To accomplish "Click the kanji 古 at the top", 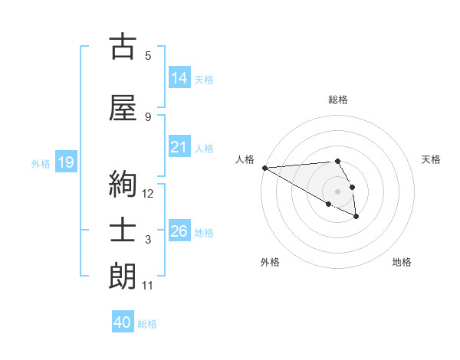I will [123, 47].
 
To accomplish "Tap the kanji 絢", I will [123, 185].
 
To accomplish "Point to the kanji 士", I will [123, 231].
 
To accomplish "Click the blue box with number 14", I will [179, 78].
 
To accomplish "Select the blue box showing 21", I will [179, 147].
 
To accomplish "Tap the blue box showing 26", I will [179, 231].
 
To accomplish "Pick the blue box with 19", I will [66, 162].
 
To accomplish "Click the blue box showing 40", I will [123, 322].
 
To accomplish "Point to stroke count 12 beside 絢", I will [148, 194].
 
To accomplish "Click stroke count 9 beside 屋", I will [148, 117].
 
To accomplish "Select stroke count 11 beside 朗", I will [148, 286].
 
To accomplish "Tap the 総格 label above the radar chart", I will [338, 100].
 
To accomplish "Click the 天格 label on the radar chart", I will [431, 159].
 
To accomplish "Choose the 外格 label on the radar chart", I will [270, 262].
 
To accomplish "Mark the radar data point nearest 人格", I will [264, 168].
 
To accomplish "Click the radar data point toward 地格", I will [356, 218].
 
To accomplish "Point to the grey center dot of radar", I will [337, 191].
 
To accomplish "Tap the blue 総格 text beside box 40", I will [147, 324].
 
